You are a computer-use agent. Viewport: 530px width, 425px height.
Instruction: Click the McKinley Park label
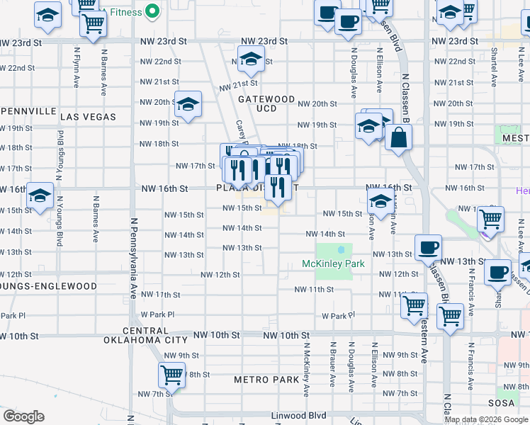coord(333,264)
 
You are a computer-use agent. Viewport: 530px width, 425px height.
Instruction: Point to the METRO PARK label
coord(266,380)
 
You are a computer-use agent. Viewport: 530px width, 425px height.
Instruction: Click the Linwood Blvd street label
coord(297,416)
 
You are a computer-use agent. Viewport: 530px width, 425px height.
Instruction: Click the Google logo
coord(23,416)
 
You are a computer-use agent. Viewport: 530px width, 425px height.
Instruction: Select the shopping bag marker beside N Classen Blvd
coord(399,138)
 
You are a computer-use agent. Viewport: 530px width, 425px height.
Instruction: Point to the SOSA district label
coord(506,403)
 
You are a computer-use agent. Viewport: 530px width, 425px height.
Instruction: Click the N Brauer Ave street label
coord(332,364)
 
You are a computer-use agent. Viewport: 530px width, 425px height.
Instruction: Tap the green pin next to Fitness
coord(151,11)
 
